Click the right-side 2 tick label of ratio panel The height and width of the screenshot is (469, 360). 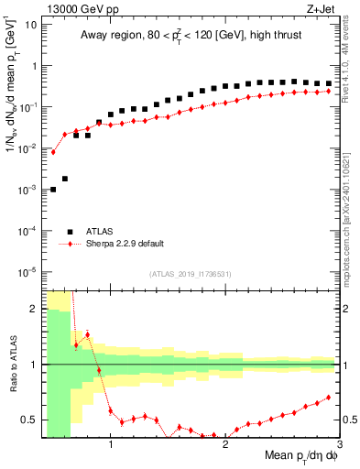coord(345,309)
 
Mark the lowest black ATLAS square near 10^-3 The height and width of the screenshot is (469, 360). coord(53,190)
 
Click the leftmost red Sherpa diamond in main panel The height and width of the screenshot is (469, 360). coord(53,152)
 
